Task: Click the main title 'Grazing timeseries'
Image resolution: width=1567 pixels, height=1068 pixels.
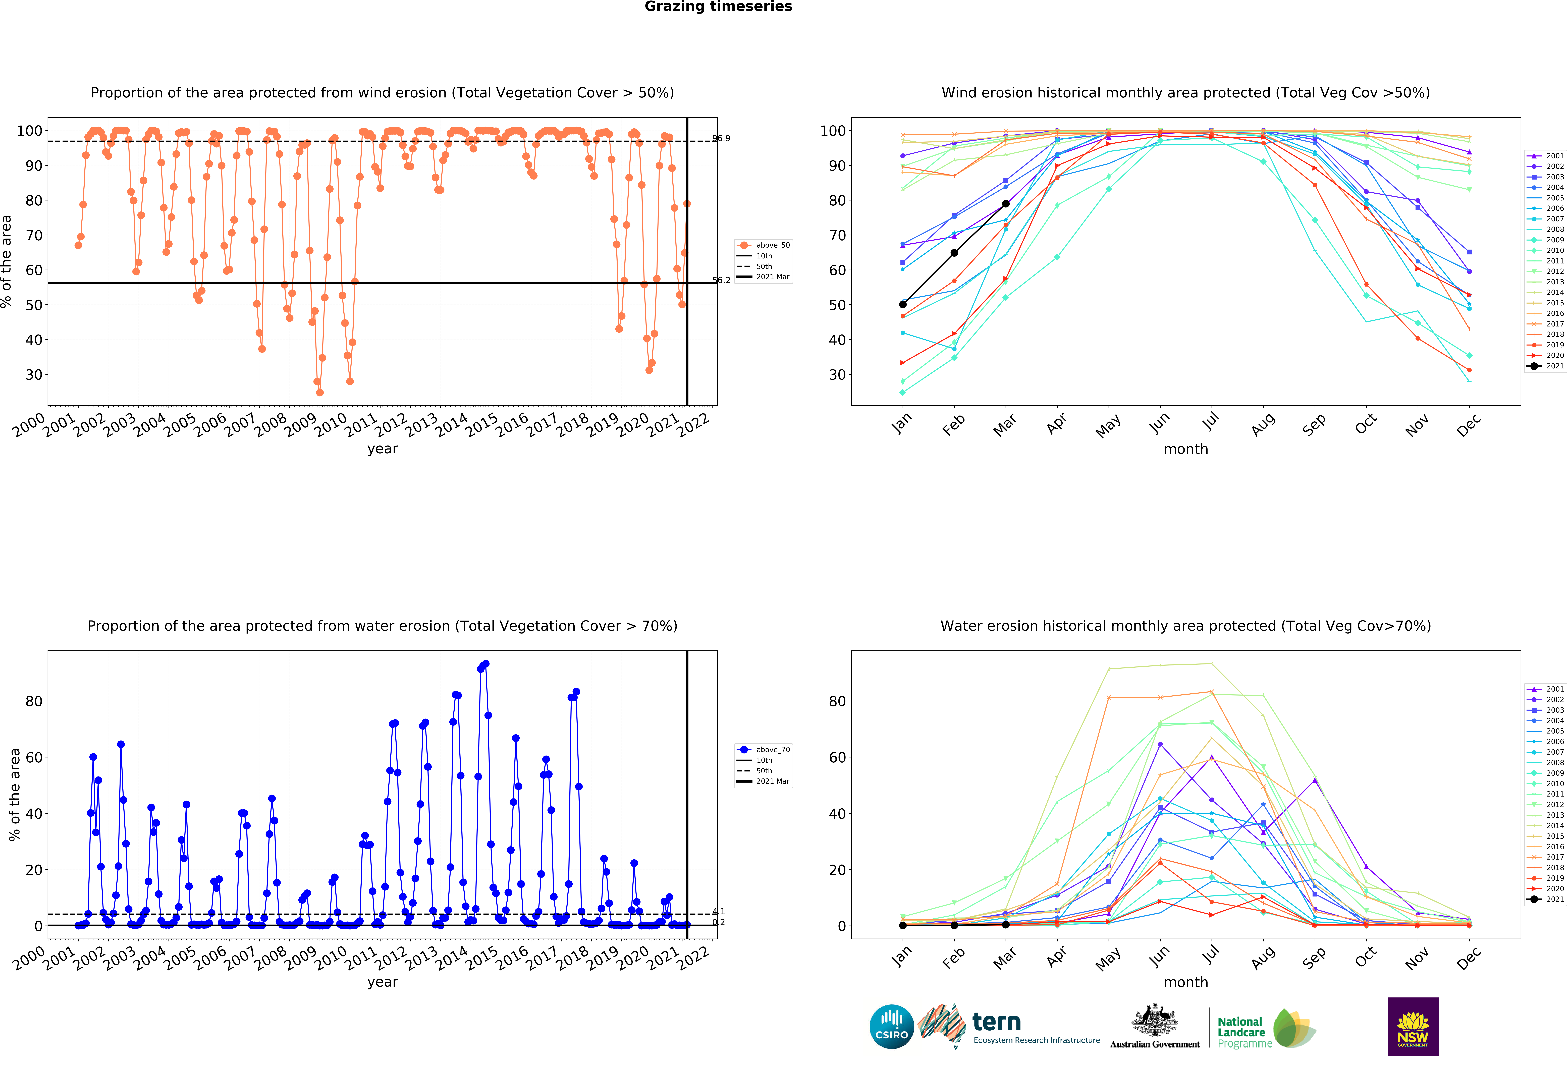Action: click(x=718, y=7)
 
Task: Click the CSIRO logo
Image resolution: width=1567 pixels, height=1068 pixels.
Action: click(x=891, y=1027)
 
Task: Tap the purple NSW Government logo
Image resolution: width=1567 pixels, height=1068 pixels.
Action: click(x=1413, y=1026)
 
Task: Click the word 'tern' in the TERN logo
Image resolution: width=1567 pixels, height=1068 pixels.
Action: click(x=997, y=1022)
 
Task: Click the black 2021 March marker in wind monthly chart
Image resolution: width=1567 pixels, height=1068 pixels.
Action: click(x=1005, y=204)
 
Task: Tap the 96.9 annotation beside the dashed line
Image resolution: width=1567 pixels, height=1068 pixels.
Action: click(x=721, y=138)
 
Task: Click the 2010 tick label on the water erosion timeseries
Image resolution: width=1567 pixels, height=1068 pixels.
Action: click(x=331, y=958)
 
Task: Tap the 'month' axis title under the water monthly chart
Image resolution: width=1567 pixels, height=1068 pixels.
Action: click(x=1186, y=982)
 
